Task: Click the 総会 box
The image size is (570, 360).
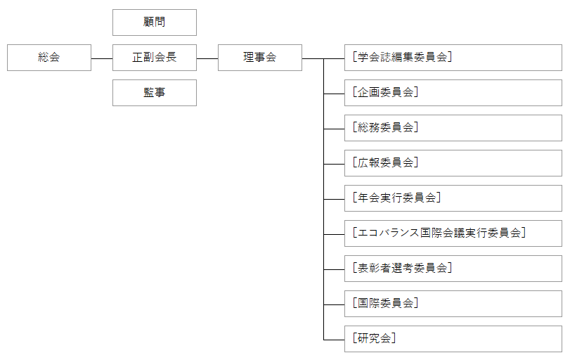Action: pos(49,58)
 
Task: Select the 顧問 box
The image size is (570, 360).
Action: pos(154,22)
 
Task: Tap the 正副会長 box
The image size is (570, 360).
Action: pos(154,58)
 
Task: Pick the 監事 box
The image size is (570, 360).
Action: pos(154,93)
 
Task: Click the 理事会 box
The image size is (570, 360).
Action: pos(260,58)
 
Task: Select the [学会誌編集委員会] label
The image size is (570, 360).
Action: pos(402,58)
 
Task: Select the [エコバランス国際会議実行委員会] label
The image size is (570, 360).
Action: pos(439,233)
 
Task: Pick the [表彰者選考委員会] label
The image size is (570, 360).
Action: pos(402,269)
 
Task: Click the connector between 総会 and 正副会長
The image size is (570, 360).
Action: pos(102,58)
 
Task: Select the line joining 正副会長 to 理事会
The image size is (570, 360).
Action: pos(207,58)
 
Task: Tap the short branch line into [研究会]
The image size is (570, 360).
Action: pos(334,340)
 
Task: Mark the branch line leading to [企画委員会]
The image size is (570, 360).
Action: pos(334,94)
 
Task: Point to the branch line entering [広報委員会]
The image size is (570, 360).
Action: pos(334,164)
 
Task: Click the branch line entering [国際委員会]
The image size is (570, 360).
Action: pos(334,304)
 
